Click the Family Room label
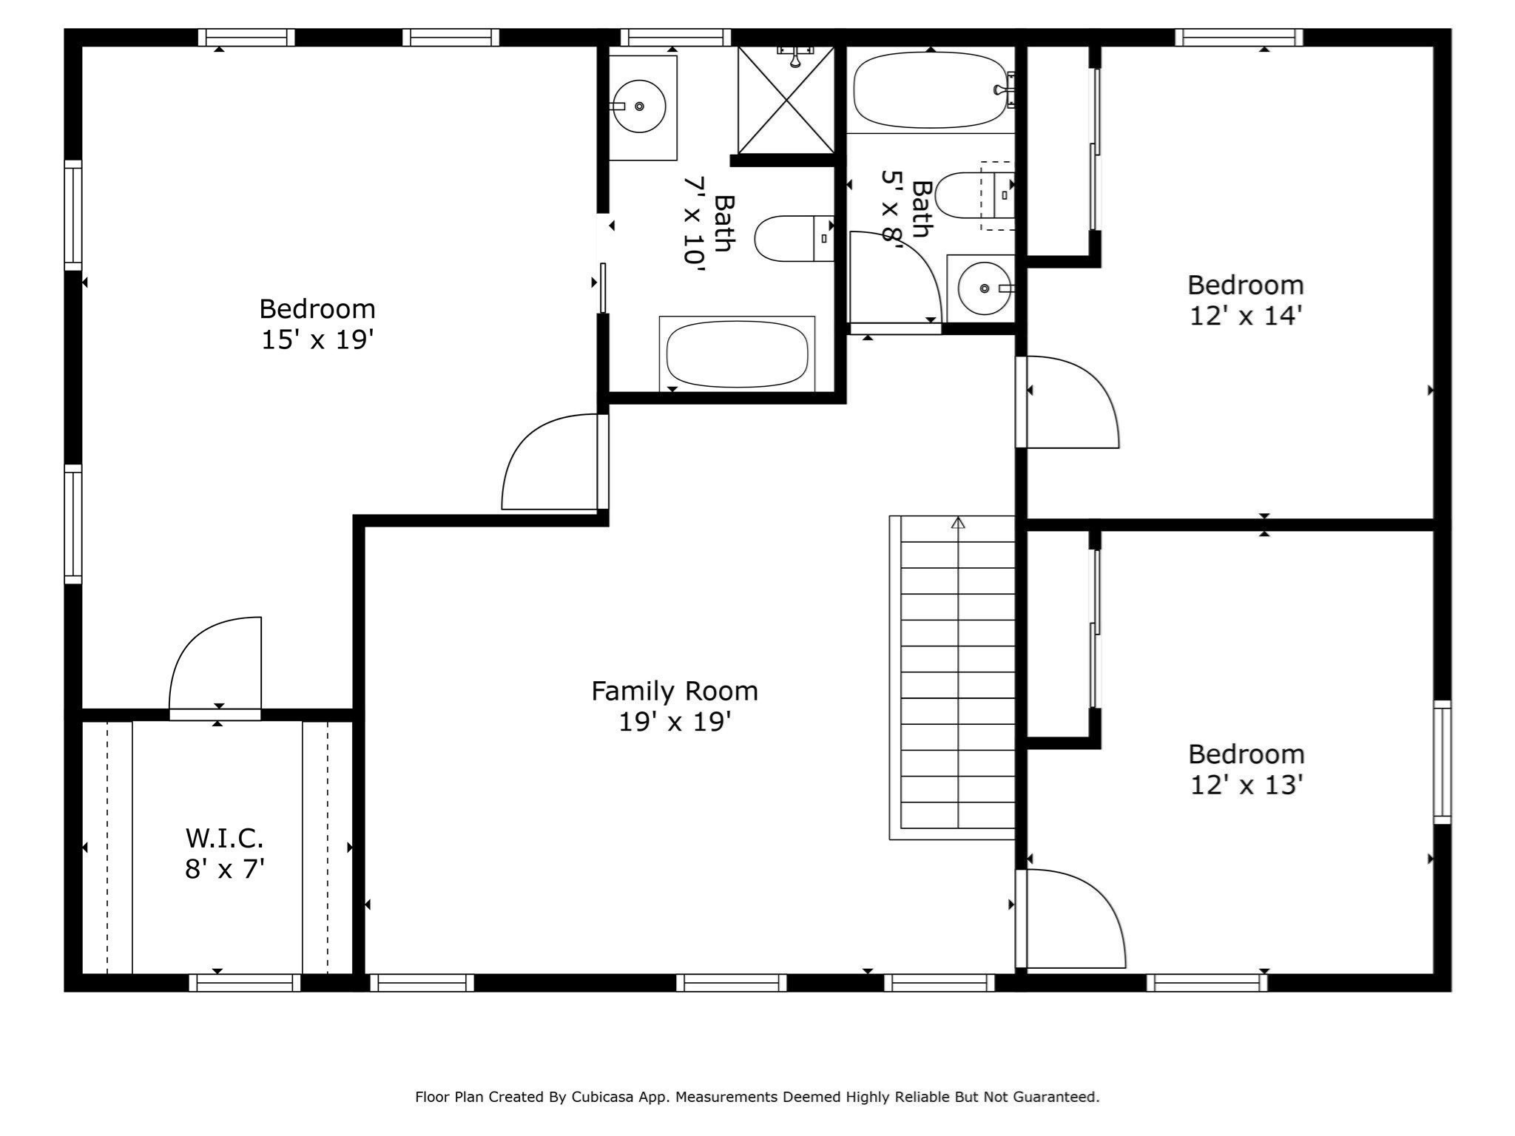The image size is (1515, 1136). coord(674,692)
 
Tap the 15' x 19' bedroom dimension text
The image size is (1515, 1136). coord(317,340)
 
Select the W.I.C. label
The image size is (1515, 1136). coord(224,838)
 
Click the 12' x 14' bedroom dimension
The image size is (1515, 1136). coord(1246,317)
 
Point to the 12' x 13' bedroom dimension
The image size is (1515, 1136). coord(1246,785)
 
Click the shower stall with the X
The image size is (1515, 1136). coord(786,100)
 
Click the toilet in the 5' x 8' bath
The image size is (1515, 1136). coord(969,195)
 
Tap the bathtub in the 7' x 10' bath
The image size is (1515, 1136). coord(737,354)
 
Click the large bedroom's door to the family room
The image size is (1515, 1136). coord(551,462)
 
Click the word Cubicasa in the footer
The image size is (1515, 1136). coord(601,1097)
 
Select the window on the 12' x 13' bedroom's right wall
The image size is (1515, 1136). coord(1442,762)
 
